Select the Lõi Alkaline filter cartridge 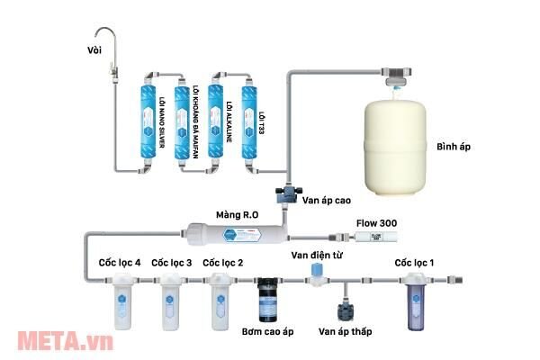pos(215,121)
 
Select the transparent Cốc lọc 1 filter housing pos(414,301)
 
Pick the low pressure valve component pos(345,311)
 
